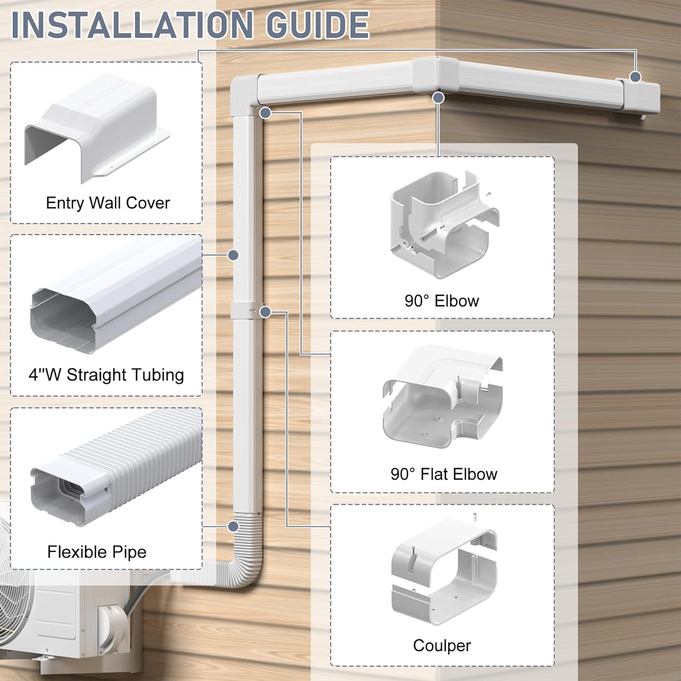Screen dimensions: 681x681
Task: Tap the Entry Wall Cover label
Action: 108,202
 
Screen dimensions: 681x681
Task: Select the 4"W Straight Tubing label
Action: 106,375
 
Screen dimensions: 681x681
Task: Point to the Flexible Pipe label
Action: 97,552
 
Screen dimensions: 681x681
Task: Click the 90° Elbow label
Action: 442,301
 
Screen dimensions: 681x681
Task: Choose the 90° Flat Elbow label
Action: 444,474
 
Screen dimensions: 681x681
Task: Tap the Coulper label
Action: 442,646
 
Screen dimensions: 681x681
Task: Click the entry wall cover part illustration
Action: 97,128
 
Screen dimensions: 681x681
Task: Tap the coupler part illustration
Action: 444,572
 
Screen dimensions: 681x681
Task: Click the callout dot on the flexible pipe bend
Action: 233,527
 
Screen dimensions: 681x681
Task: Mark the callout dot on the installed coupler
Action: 266,312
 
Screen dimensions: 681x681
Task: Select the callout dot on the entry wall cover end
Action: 636,77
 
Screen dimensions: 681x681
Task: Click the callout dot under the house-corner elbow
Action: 438,97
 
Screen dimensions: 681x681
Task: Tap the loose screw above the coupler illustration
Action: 474,516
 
